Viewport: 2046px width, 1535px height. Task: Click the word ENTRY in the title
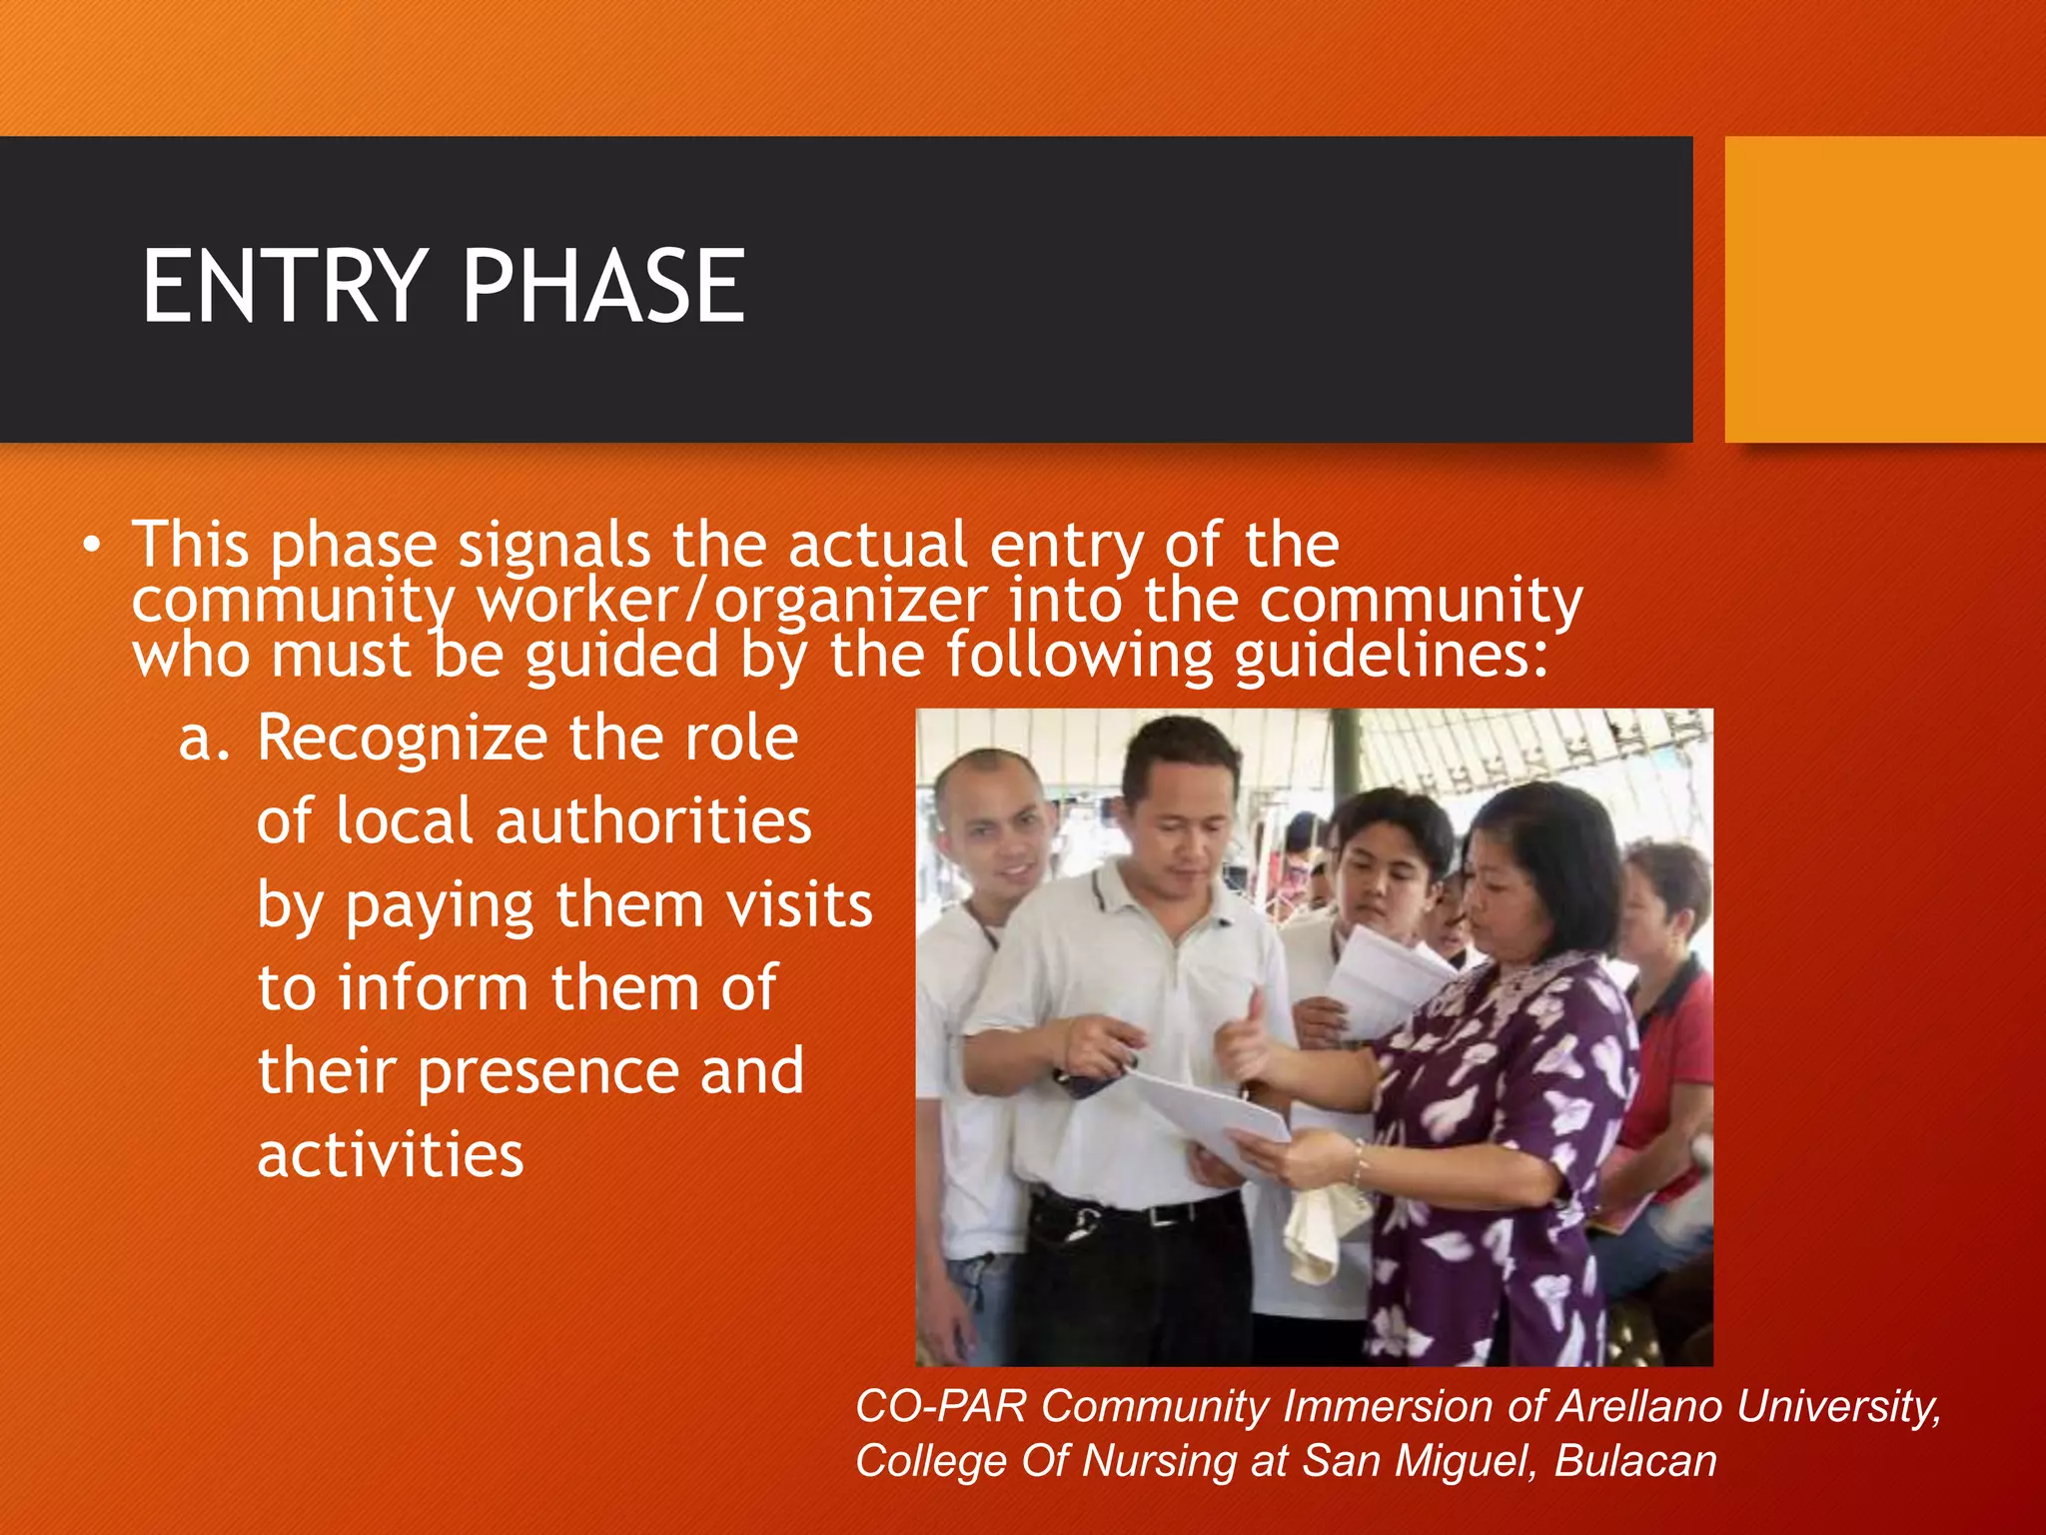point(285,288)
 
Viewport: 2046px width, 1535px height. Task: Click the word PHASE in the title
point(603,288)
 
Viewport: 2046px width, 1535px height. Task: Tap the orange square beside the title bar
point(1884,290)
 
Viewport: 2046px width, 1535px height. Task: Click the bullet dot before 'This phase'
point(92,546)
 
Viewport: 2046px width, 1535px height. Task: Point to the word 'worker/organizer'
point(731,602)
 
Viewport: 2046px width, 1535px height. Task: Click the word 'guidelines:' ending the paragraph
point(1391,657)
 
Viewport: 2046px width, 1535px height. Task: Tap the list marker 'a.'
point(204,739)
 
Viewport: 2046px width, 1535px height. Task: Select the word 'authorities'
point(653,822)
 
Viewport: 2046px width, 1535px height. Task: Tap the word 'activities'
point(391,1155)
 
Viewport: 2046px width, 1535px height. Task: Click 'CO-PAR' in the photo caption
point(940,1406)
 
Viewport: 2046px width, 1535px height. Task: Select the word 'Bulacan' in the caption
point(1635,1461)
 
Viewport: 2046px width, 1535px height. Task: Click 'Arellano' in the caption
point(1638,1406)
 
